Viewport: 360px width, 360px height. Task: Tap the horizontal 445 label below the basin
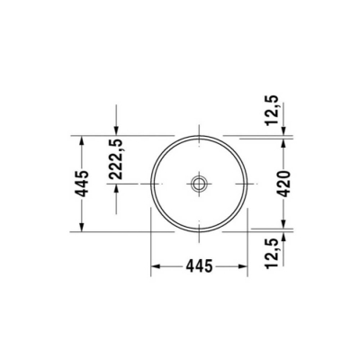coord(199,265)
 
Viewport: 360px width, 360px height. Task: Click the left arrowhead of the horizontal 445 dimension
coord(154,266)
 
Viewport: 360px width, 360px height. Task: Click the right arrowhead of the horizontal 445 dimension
coord(244,266)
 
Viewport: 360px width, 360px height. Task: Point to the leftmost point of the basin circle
coord(150,184)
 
